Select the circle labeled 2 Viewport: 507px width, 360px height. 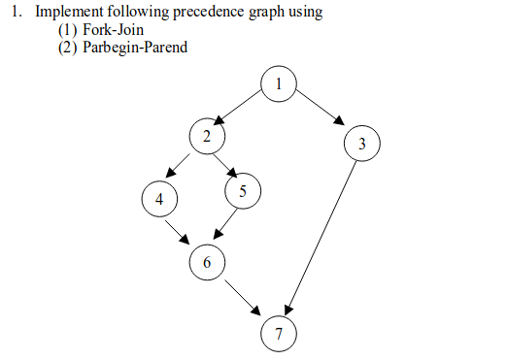coord(206,137)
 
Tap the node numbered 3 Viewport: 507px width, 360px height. coord(361,145)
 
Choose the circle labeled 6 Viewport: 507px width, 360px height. coord(207,261)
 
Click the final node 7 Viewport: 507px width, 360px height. coord(279,334)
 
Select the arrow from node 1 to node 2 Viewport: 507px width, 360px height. coord(240,108)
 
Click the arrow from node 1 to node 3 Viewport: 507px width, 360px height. coord(320,110)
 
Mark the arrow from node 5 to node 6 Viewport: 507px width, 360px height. coord(224,225)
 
